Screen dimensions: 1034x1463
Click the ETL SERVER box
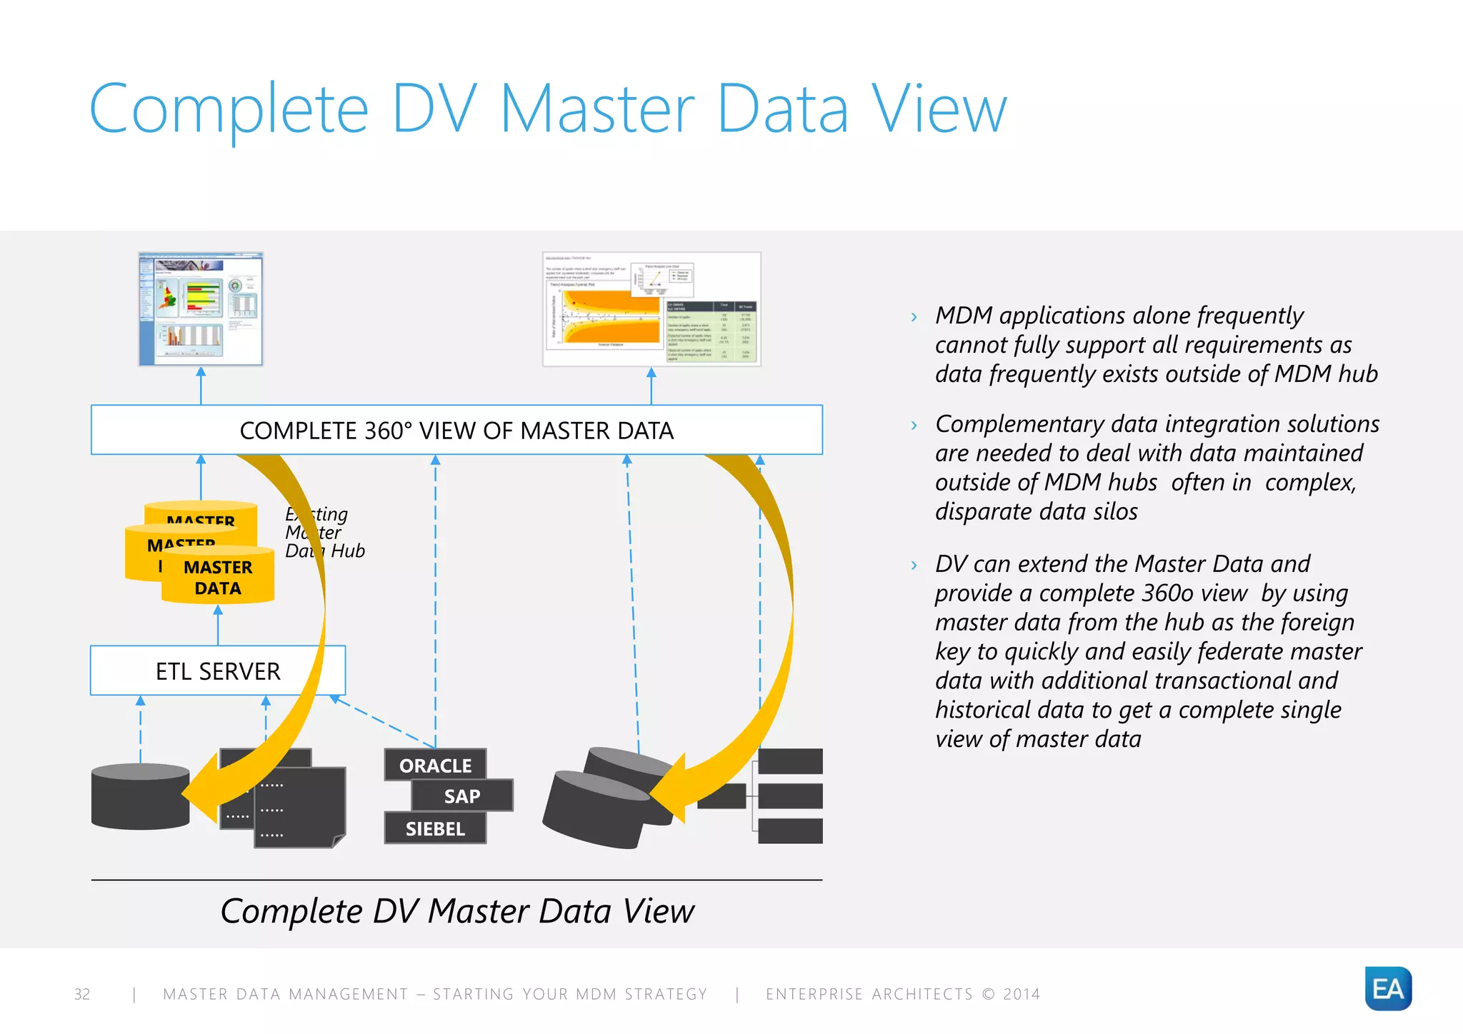pyautogui.click(x=218, y=671)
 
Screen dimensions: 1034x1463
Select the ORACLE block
pyautogui.click(x=435, y=765)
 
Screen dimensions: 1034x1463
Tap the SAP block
pyautogui.click(x=462, y=795)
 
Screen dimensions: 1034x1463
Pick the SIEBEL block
pyautogui.click(x=435, y=828)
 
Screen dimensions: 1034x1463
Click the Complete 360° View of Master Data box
pyautogui.click(x=456, y=431)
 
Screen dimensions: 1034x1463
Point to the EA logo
pyautogui.click(x=1387, y=988)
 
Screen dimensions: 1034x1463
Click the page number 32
pyautogui.click(x=82, y=994)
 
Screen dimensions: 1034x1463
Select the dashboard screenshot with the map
pyautogui.click(x=201, y=309)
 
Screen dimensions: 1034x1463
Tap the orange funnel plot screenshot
pyautogui.click(x=651, y=309)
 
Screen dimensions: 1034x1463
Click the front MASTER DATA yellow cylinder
pyautogui.click(x=218, y=577)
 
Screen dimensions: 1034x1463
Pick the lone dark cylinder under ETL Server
pyautogui.click(x=140, y=796)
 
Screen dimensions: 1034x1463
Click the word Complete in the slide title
pyautogui.click(x=229, y=109)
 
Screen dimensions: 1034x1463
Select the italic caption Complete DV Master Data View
pyautogui.click(x=457, y=911)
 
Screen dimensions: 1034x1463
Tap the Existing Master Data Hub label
pyautogui.click(x=325, y=533)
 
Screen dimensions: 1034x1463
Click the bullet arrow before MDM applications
pyautogui.click(x=914, y=317)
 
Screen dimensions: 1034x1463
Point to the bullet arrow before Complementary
pyautogui.click(x=914, y=426)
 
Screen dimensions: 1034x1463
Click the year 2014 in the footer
pyautogui.click(x=1022, y=994)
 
